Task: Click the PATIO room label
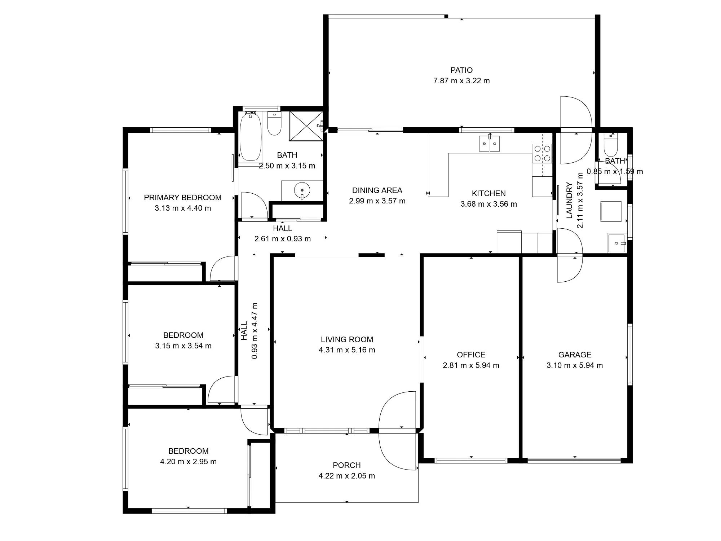coord(461,70)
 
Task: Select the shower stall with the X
coord(306,126)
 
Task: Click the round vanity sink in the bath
coord(302,190)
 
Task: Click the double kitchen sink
coord(489,144)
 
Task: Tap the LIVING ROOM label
coord(347,339)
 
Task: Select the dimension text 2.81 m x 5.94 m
coord(471,365)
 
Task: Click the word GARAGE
coord(575,355)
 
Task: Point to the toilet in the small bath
coord(611,144)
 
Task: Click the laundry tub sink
coord(617,243)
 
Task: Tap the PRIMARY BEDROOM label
coord(183,198)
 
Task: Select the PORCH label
coord(347,465)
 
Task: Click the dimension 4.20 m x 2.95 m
coord(188,462)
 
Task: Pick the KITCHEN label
coord(489,193)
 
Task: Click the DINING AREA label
coord(377,190)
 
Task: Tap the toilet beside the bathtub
coord(274,123)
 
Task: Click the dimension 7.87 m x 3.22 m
coord(461,81)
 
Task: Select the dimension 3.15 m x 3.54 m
coord(183,346)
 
